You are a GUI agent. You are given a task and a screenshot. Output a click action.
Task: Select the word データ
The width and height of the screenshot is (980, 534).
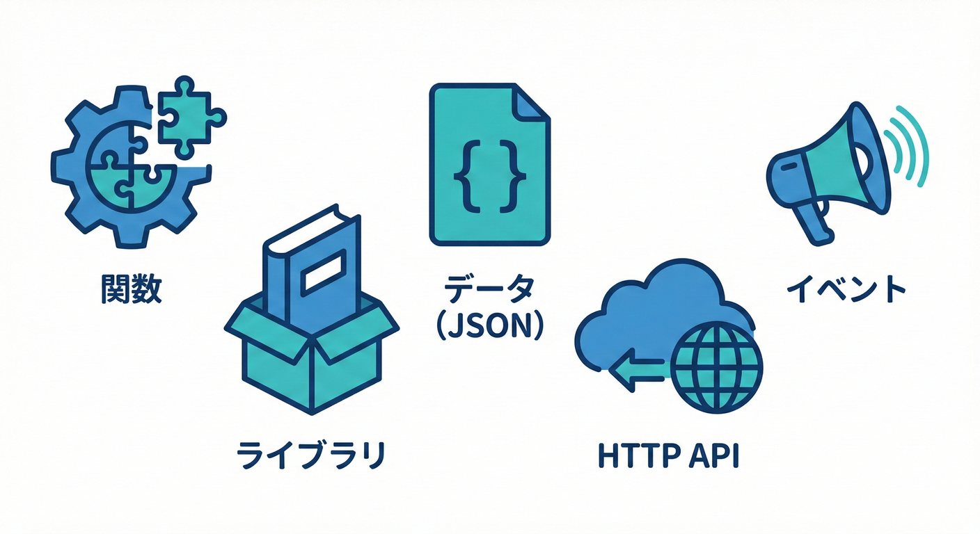(490, 290)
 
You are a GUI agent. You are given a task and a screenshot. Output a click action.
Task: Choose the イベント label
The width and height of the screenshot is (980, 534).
(846, 289)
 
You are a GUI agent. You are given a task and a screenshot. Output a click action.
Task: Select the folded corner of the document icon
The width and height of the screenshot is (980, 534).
(532, 104)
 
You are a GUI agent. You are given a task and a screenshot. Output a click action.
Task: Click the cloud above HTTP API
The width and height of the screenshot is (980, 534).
(661, 306)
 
